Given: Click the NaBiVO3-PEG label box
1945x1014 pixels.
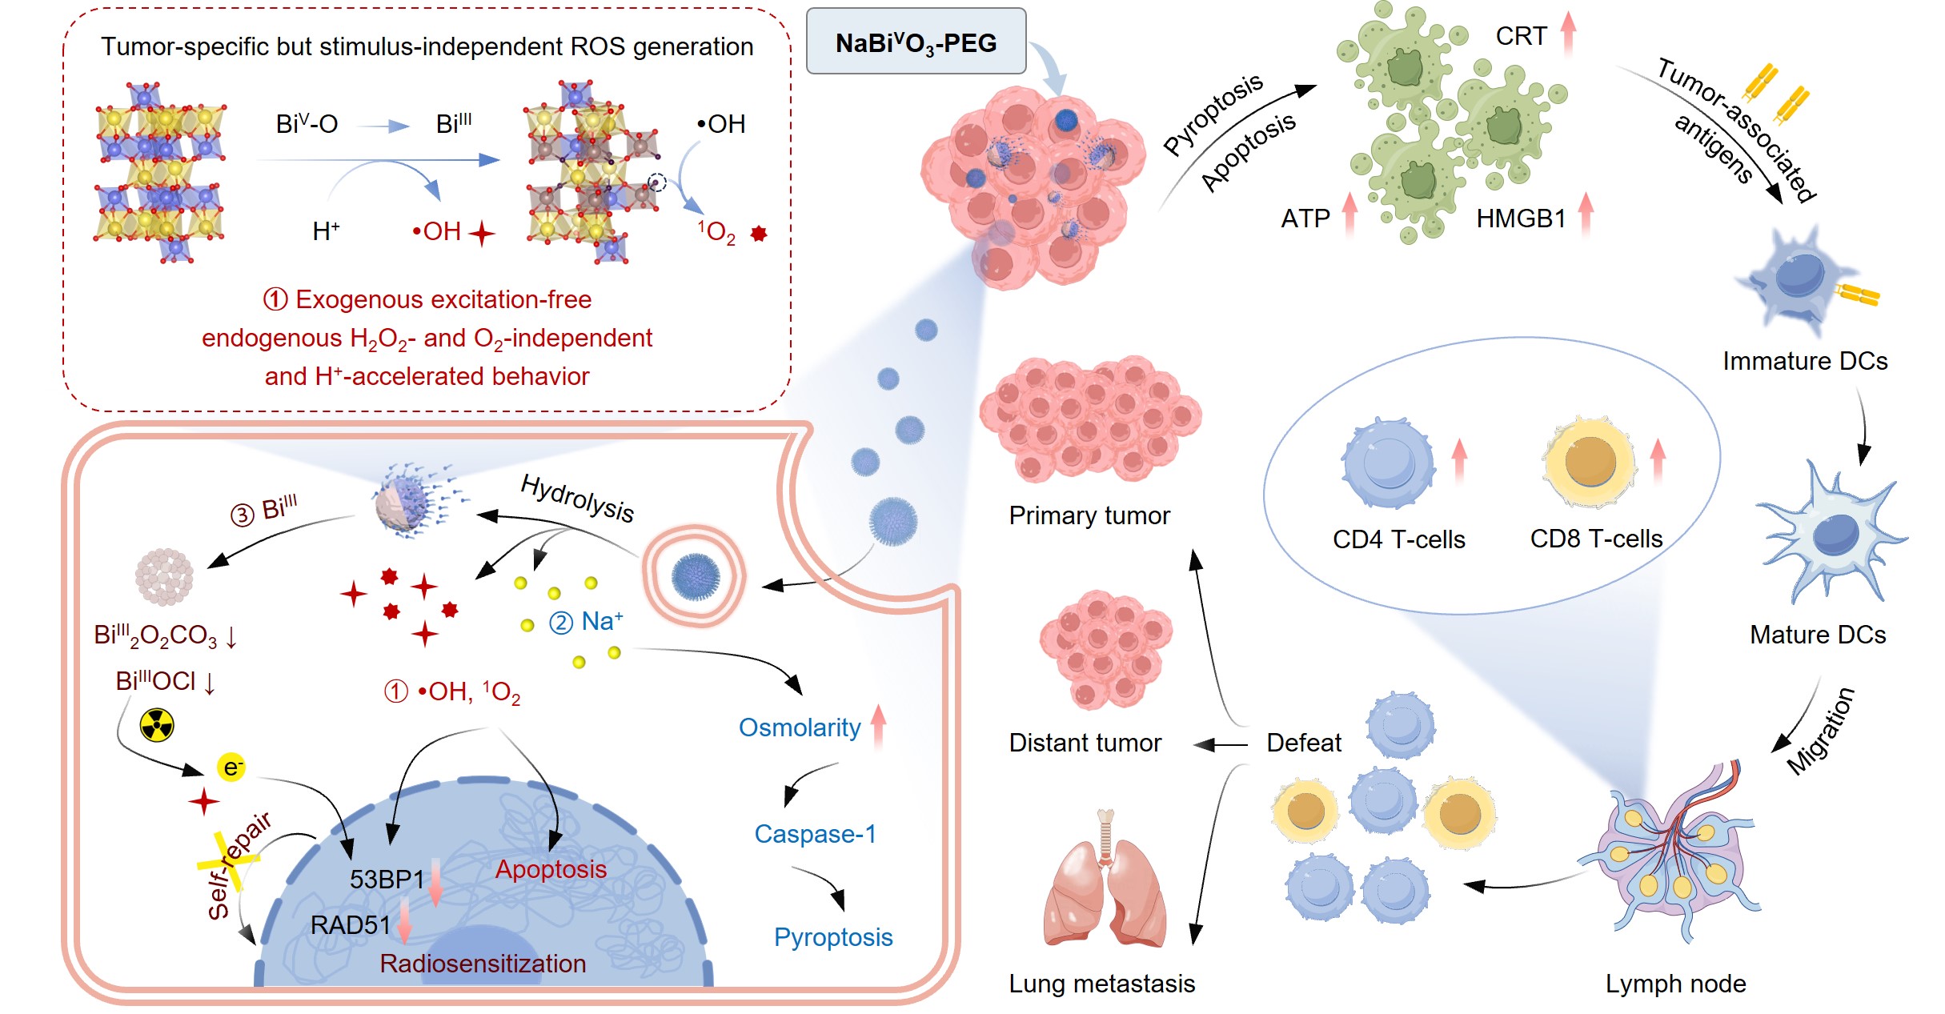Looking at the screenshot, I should click(x=916, y=42).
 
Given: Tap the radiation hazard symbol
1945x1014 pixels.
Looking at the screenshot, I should click(x=157, y=725).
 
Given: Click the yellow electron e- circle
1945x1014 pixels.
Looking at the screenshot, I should click(x=231, y=768).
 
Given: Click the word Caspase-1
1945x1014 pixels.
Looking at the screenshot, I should click(x=815, y=834).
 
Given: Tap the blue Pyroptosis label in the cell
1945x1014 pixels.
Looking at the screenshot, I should click(x=832, y=937).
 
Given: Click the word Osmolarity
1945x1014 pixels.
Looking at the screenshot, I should click(x=799, y=727).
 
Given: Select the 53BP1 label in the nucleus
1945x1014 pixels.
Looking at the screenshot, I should click(x=387, y=880).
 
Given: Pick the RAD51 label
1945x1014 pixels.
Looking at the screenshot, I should click(x=350, y=925).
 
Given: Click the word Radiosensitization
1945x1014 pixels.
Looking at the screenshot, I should click(x=483, y=964).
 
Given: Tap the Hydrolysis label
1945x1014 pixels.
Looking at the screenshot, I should click(x=577, y=498).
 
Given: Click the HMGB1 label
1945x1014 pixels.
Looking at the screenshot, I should click(x=1520, y=218).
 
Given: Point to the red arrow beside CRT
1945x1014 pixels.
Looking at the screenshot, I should click(x=1568, y=34).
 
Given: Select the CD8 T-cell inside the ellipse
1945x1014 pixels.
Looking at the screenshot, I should click(x=1590, y=463).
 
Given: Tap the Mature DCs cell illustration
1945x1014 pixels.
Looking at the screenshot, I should click(x=1829, y=533).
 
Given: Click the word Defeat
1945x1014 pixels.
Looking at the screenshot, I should click(x=1303, y=743).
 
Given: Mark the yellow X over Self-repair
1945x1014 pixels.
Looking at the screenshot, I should click(x=229, y=860).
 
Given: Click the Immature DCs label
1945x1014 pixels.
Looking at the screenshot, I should click(x=1805, y=361).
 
